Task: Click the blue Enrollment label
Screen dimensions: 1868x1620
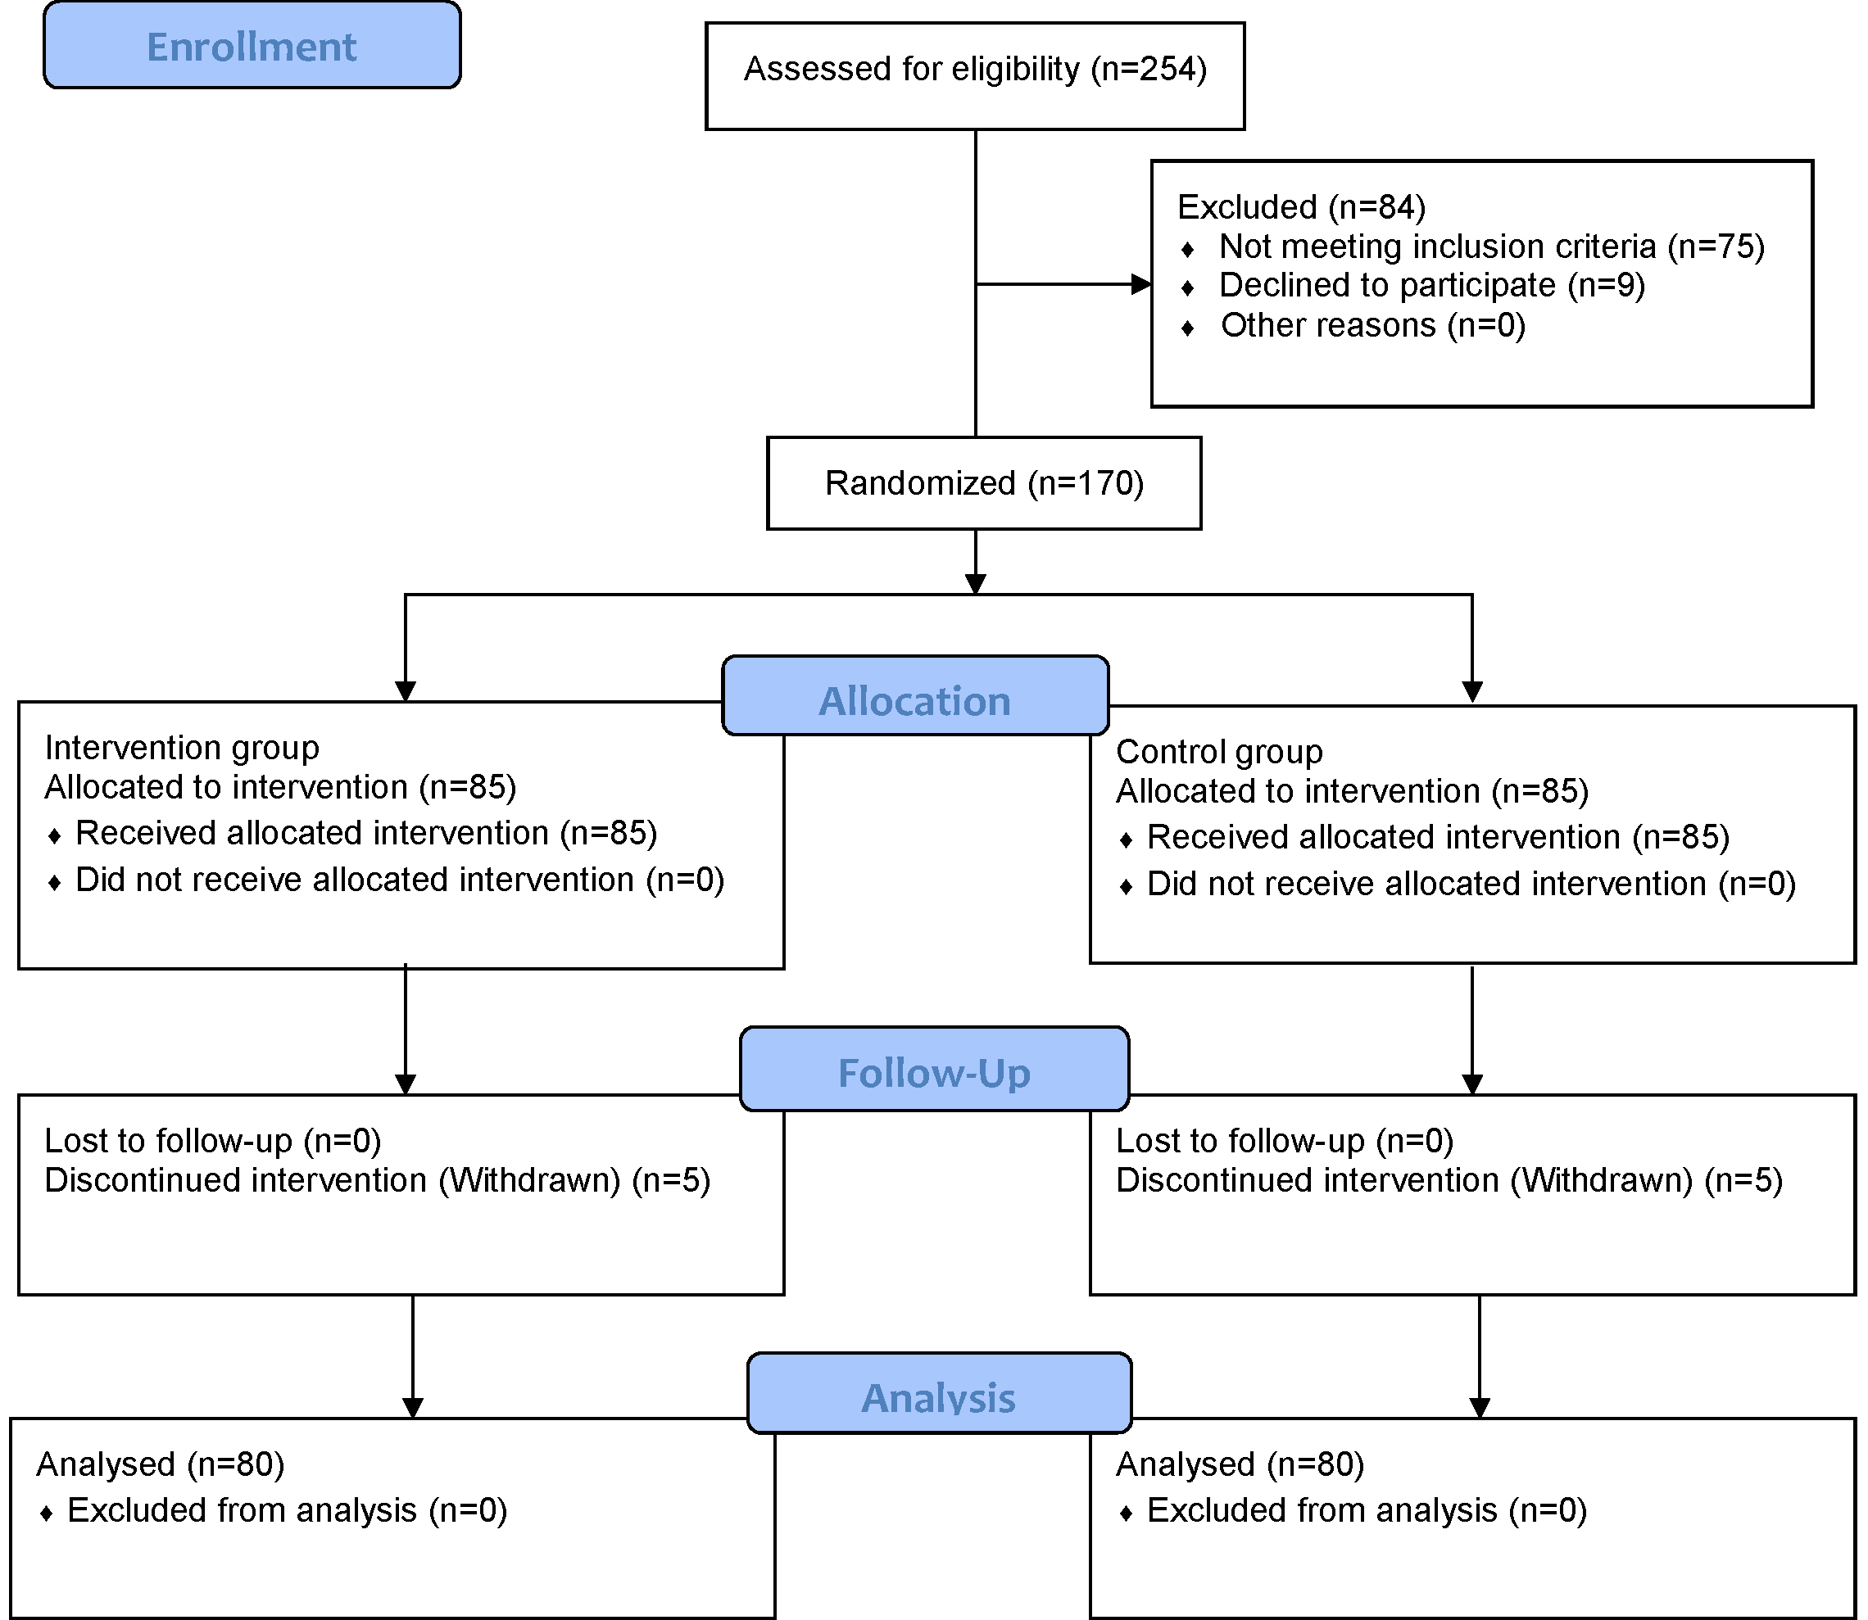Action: [x=252, y=45]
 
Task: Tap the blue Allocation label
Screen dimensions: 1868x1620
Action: [x=915, y=695]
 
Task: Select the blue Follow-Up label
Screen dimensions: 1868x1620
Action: [x=934, y=1069]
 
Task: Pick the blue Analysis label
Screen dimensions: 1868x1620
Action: [x=940, y=1393]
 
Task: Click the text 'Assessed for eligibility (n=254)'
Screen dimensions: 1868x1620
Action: [x=975, y=70]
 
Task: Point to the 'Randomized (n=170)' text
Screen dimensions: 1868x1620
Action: [x=984, y=484]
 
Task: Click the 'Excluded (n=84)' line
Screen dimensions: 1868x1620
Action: [x=1301, y=207]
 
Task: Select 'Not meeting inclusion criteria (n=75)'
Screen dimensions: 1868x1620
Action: [x=1492, y=246]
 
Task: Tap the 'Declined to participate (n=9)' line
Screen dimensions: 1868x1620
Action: [x=1432, y=285]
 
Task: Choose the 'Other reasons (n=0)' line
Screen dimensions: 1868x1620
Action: [x=1373, y=324]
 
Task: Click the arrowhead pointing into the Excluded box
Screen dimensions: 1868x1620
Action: [x=1141, y=285]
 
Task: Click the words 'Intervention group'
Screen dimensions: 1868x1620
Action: [x=182, y=748]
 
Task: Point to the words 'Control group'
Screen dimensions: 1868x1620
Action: [x=1219, y=751]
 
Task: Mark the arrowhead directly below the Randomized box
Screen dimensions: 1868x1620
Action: [x=976, y=584]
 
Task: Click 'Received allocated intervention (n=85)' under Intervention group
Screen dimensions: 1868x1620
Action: [x=366, y=833]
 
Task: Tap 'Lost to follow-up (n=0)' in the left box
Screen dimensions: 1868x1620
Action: [x=212, y=1141]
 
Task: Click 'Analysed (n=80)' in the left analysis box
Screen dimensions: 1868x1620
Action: [x=160, y=1464]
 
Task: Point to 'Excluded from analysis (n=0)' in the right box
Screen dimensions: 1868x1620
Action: [x=1367, y=1510]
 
